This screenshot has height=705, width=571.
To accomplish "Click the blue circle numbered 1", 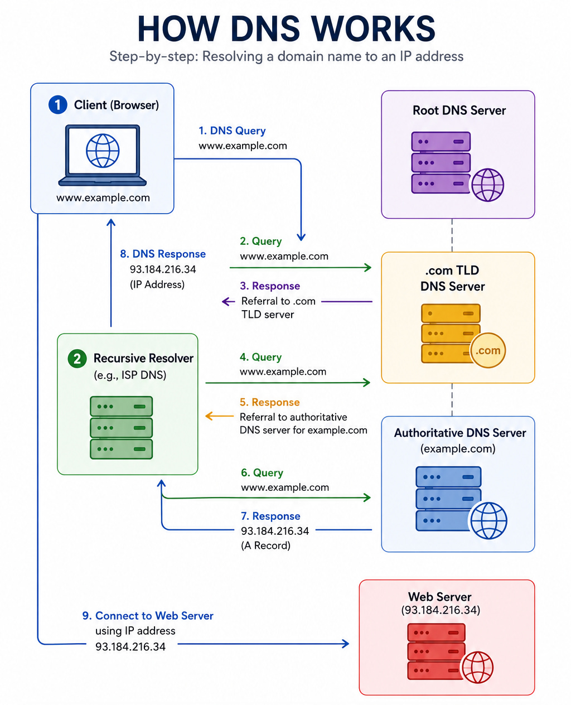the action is (58, 105).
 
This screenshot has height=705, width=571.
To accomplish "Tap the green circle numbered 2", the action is (77, 359).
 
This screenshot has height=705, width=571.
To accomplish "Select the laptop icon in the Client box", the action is (103, 155).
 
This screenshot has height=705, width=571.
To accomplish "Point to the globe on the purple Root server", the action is (487, 185).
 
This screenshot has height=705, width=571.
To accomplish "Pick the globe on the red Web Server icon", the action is (477, 667).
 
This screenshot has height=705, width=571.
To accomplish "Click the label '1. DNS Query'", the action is (232, 131).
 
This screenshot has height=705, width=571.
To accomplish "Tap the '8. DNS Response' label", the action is (163, 254).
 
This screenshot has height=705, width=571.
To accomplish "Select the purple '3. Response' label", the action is (270, 286).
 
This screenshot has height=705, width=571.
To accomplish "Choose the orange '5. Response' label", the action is (270, 402).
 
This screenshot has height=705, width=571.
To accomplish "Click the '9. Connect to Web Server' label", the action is (148, 616).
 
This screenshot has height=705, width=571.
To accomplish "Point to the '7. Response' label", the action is (270, 516).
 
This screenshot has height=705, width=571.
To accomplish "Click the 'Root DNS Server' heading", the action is (459, 110).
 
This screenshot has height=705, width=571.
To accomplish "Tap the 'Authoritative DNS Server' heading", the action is (460, 433).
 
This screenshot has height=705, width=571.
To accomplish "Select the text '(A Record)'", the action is (265, 545).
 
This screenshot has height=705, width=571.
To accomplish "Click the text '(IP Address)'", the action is (157, 284).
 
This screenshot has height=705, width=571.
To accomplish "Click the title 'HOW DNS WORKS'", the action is (286, 28).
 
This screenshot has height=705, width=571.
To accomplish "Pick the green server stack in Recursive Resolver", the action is (122, 428).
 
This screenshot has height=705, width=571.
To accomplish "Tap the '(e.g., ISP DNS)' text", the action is (130, 375).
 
